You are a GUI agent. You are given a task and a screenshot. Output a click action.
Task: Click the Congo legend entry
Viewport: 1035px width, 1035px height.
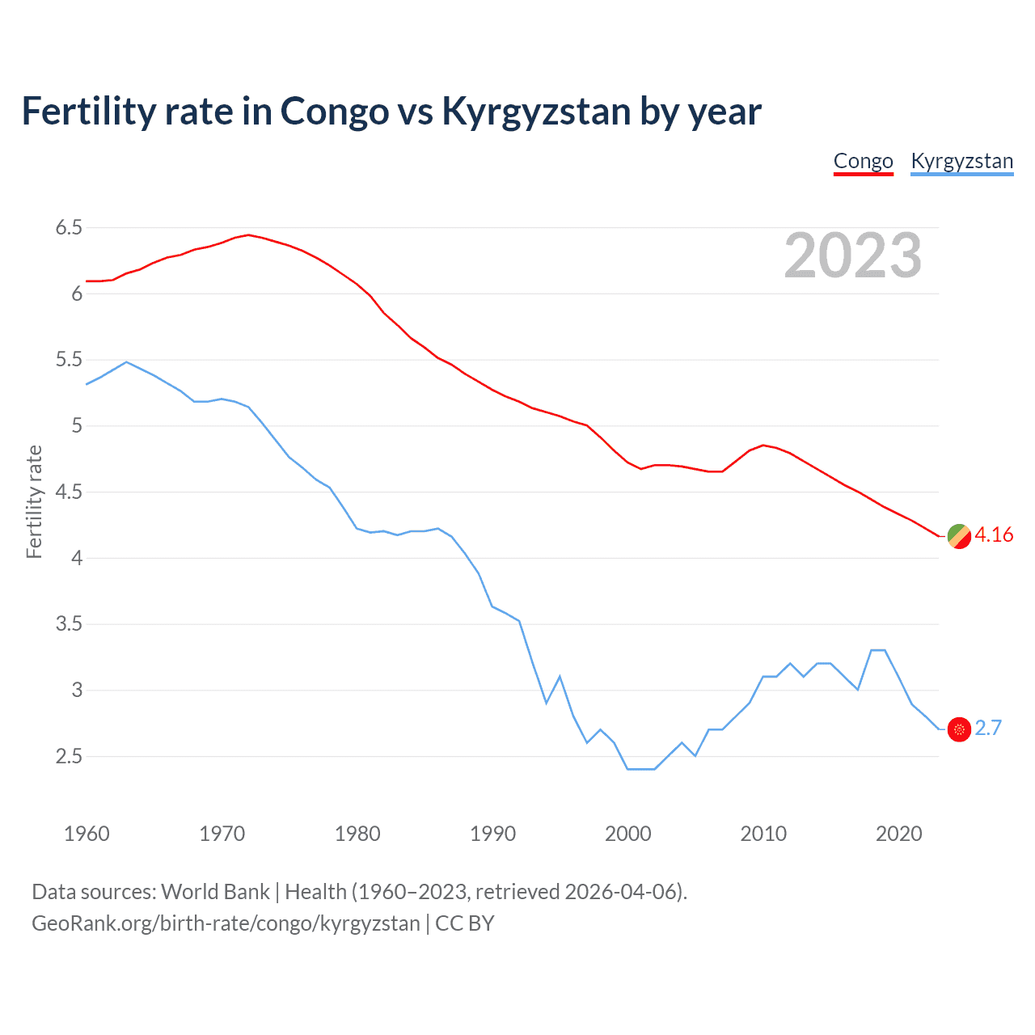(x=863, y=161)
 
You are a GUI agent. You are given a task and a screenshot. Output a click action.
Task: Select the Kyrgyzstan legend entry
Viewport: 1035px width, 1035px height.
(x=961, y=161)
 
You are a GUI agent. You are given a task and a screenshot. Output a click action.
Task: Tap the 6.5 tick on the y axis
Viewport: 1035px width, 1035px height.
(x=69, y=228)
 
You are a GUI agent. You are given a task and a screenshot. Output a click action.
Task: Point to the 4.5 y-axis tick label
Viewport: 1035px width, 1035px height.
(x=69, y=492)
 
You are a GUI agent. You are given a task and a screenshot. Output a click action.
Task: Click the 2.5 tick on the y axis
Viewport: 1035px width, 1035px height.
(x=69, y=757)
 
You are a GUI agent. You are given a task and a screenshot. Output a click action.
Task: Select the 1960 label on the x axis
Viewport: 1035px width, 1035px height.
(x=87, y=834)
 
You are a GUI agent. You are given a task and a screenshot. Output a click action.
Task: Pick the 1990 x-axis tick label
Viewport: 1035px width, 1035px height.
(x=492, y=834)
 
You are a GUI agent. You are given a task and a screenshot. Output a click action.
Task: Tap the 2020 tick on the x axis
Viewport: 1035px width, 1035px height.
(x=898, y=834)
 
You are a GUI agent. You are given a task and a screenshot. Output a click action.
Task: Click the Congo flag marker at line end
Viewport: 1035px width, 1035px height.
(x=959, y=535)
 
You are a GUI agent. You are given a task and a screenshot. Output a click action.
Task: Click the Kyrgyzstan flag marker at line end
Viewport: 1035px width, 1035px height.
(x=959, y=729)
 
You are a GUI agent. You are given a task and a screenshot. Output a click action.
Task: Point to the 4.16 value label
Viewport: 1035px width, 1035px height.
(x=994, y=535)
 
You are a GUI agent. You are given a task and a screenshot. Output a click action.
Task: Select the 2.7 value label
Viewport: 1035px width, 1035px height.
(x=988, y=729)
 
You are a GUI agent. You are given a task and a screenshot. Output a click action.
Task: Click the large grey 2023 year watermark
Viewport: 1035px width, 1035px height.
(x=852, y=256)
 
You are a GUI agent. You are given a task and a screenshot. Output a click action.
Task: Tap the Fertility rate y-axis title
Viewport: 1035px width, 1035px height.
(x=34, y=501)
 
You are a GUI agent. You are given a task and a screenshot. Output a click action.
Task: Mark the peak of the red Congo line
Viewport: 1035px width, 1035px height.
(x=248, y=235)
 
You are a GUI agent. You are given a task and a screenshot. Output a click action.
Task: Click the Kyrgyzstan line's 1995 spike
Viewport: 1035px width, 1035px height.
(x=560, y=676)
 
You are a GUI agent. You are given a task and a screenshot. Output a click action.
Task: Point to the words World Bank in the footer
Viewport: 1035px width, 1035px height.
(x=215, y=892)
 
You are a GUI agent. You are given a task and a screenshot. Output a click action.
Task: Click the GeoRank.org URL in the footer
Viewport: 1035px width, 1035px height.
(x=226, y=923)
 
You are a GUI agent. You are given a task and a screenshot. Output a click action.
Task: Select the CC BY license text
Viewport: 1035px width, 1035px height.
(x=464, y=923)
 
